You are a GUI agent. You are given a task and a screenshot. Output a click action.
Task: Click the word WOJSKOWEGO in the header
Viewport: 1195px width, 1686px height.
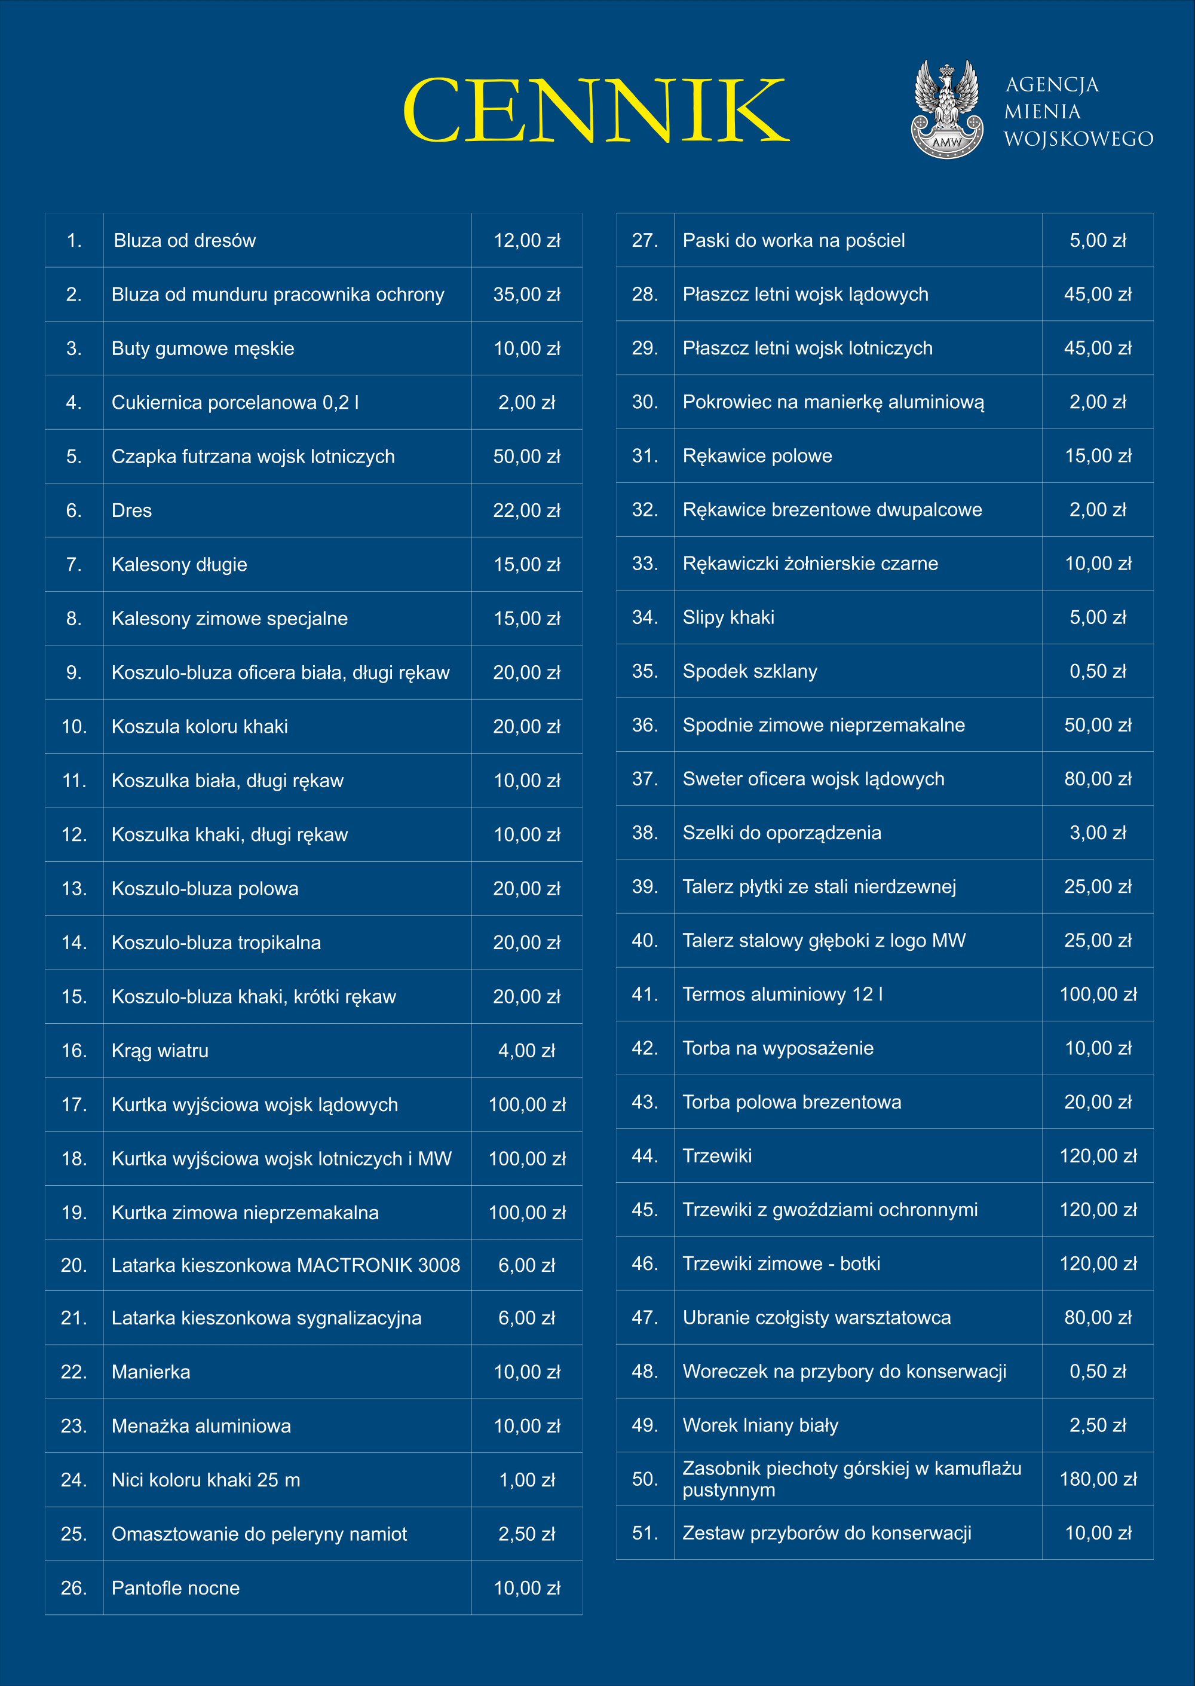[1078, 139]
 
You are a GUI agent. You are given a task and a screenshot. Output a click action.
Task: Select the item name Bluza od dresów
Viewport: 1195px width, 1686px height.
[185, 241]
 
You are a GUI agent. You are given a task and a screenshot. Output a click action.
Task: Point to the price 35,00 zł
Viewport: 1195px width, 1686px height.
[527, 295]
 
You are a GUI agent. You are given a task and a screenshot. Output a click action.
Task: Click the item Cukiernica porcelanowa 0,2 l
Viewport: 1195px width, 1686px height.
[235, 403]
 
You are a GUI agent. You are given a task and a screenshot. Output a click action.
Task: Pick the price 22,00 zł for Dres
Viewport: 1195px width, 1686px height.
[527, 511]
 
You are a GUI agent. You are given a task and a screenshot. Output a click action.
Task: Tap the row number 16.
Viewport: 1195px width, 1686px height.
[74, 1051]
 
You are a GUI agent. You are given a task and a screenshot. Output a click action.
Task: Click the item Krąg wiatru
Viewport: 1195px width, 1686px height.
[160, 1051]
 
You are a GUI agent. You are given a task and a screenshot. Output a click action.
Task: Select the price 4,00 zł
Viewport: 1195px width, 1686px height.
[527, 1051]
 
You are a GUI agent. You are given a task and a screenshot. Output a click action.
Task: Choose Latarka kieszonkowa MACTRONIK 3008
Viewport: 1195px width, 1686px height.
[286, 1265]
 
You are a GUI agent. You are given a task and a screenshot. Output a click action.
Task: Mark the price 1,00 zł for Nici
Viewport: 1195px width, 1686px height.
[527, 1480]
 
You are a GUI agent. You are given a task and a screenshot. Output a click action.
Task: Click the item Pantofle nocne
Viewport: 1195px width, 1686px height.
[176, 1588]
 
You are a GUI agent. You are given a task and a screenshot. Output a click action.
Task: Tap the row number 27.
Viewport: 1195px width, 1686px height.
[645, 241]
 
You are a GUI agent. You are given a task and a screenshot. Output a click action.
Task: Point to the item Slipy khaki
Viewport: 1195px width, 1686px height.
[728, 617]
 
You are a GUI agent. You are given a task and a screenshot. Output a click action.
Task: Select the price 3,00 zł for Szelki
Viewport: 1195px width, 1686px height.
[1098, 833]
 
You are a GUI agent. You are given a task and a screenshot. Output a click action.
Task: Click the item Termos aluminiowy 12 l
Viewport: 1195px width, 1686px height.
[783, 995]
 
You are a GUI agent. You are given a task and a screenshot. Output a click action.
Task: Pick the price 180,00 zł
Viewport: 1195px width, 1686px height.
[1098, 1479]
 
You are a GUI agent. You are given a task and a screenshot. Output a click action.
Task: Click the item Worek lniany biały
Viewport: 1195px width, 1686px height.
[761, 1425]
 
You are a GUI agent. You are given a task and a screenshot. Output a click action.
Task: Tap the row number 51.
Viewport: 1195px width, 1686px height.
[645, 1533]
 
